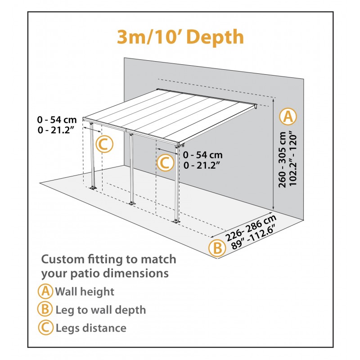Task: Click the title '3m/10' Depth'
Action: (x=180, y=38)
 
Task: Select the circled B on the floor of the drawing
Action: (x=217, y=248)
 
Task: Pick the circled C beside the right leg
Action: (x=165, y=162)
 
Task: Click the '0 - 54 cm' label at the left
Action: (x=57, y=120)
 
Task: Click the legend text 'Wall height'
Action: (x=85, y=292)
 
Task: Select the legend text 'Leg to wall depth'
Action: (x=100, y=310)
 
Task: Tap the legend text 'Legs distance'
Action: (x=91, y=328)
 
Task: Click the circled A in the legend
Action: (x=45, y=292)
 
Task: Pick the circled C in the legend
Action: (x=45, y=328)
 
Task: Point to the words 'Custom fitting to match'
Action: (x=108, y=260)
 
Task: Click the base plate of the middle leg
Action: (x=132, y=205)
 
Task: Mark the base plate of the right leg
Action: (x=176, y=220)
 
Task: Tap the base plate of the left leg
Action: (x=93, y=187)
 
